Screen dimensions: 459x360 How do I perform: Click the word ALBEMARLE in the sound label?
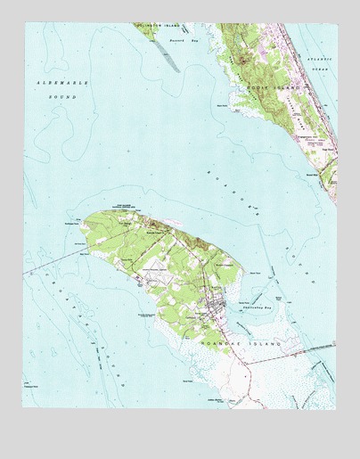click(x=52, y=81)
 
